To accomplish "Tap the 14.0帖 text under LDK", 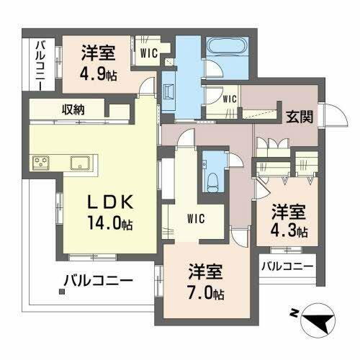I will (x=110, y=222).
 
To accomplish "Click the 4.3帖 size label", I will (x=289, y=232).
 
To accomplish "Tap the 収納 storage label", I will (x=73, y=110).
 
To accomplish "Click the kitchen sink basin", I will (x=80, y=163).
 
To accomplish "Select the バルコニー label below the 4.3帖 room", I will (x=287, y=266).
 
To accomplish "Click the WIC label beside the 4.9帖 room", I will (x=150, y=51).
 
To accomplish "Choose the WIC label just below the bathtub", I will (x=230, y=98).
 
